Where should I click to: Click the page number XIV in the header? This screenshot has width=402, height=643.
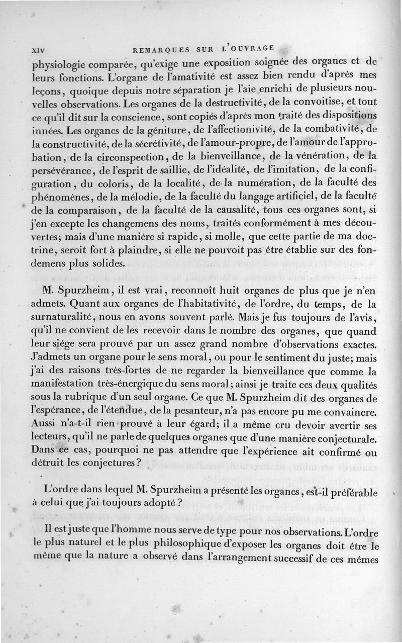coord(38,51)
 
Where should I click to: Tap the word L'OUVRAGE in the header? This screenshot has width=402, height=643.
coord(248,49)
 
